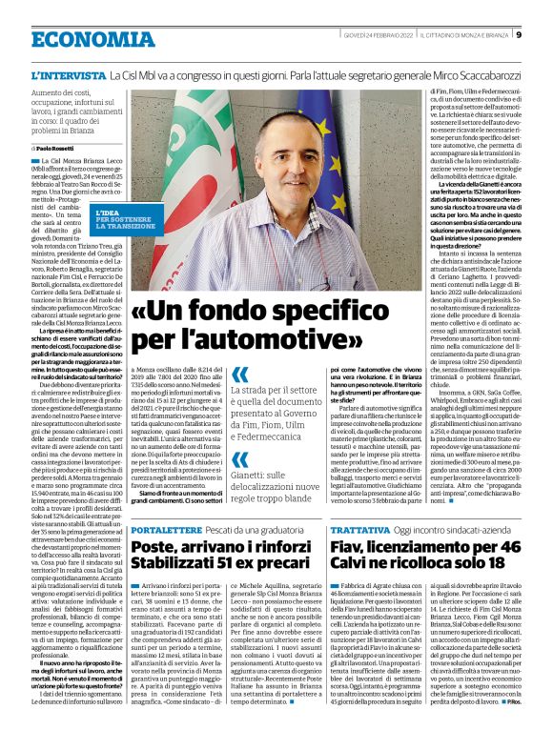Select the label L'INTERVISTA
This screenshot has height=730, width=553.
point(69,74)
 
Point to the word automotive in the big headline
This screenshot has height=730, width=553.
point(287,337)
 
